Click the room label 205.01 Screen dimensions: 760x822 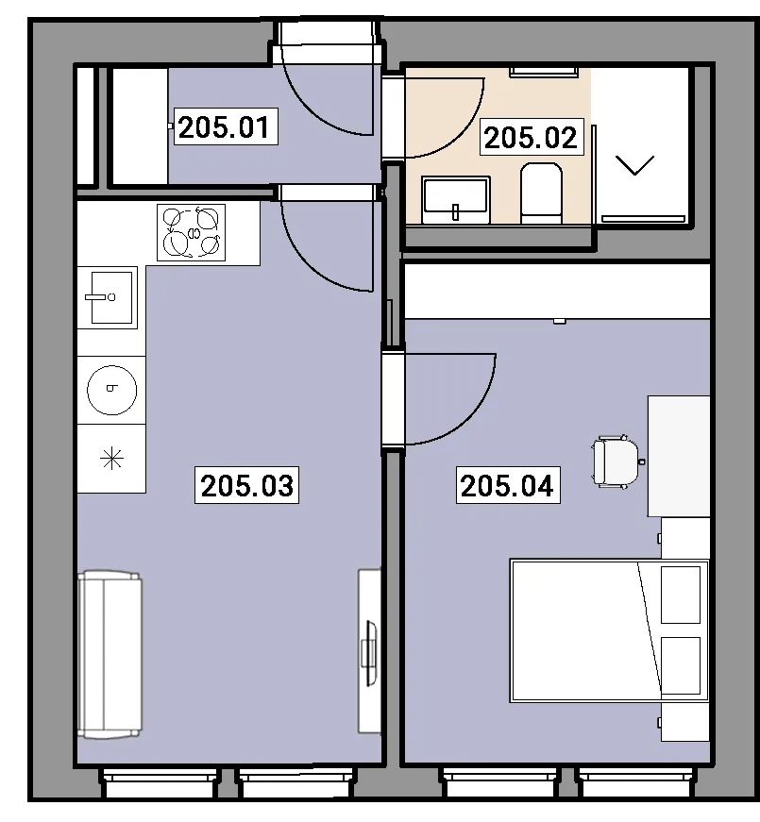coord(225,126)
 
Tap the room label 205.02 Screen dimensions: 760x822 coord(531,138)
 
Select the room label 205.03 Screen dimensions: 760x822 coord(246,485)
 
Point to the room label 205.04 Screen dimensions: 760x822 coord(508,485)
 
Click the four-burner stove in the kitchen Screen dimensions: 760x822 coord(192,232)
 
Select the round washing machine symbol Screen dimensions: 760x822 coord(111,390)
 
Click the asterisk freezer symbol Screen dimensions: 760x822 coord(111,459)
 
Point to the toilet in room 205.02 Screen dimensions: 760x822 coord(541,193)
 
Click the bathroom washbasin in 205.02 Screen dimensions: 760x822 coord(456,200)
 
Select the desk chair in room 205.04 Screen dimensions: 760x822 coord(616,461)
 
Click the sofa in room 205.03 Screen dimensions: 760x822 coord(110,655)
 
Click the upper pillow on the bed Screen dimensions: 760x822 coord(681,595)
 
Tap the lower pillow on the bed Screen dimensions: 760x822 coord(681,665)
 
